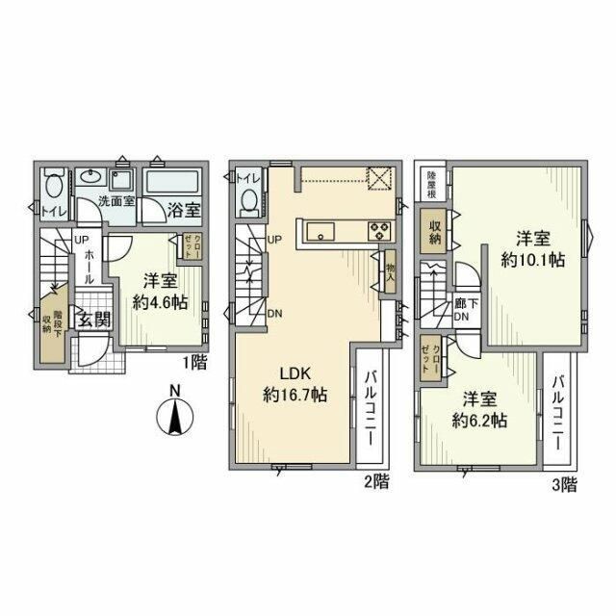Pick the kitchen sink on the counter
[x=320, y=231]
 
